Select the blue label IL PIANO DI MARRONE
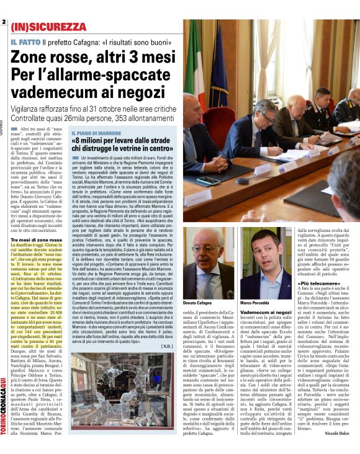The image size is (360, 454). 94,133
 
